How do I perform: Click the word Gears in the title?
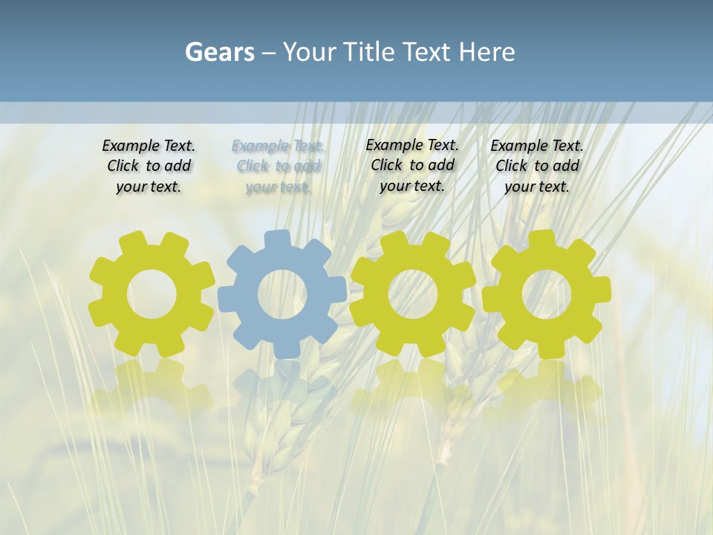219,53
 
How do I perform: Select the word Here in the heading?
486,53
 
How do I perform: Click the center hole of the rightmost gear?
546,294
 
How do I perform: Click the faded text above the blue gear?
279,166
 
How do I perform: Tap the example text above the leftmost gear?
149,166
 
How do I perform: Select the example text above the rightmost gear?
537,166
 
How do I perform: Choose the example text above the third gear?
412,166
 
